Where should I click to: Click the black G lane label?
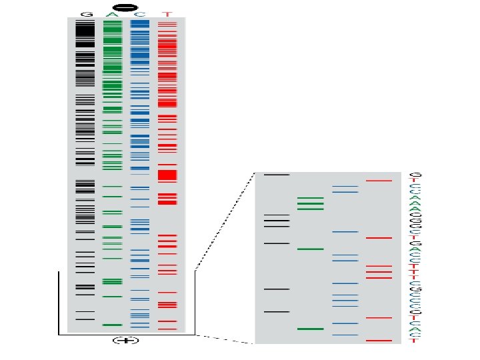point(85,14)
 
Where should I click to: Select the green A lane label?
point(112,14)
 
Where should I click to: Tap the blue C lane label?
point(139,14)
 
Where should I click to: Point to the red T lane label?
point(167,14)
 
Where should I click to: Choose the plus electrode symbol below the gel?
point(125,341)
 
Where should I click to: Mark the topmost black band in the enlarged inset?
point(277,175)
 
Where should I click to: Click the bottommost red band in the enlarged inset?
point(379,341)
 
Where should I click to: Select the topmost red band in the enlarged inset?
point(379,181)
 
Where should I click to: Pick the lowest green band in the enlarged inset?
point(310,329)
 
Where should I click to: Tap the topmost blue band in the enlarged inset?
point(345,187)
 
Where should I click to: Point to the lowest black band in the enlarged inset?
point(277,311)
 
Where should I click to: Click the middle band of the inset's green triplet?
point(310,203)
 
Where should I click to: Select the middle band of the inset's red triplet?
point(379,272)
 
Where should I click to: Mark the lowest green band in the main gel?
point(113,325)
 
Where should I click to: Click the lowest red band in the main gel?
point(167,329)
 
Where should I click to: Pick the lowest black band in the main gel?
point(85,319)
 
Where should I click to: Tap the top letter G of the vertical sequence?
point(414,175)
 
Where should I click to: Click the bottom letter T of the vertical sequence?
point(414,341)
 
